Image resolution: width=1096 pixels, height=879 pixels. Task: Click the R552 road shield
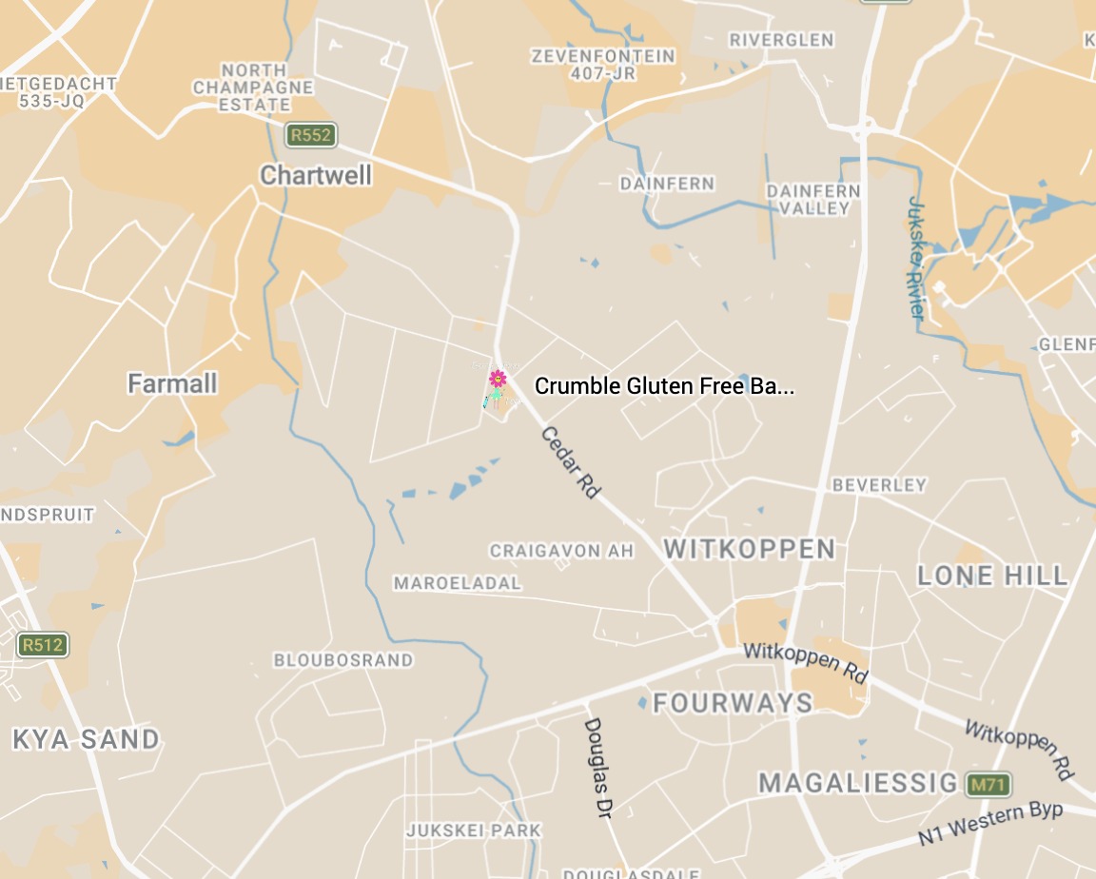(x=311, y=135)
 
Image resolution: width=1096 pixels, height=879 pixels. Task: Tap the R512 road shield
(x=43, y=645)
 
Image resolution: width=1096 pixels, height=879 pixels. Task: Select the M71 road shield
(x=987, y=785)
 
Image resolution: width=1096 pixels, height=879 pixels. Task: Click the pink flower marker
(x=497, y=380)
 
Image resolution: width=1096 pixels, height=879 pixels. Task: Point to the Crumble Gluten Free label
(x=663, y=386)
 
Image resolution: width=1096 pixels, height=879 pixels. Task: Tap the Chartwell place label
(x=316, y=176)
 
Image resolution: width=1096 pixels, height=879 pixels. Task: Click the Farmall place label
(x=172, y=384)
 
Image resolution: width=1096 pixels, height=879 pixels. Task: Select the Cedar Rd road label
(x=571, y=463)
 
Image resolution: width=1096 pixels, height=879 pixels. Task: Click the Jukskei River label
(x=916, y=257)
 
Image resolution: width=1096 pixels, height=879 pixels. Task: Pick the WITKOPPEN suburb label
(x=749, y=549)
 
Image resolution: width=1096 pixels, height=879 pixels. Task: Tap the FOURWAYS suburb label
(x=733, y=704)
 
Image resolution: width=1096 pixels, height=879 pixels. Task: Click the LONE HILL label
(x=992, y=576)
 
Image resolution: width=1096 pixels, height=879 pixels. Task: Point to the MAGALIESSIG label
(x=858, y=784)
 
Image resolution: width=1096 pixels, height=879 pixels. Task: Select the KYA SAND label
(x=86, y=739)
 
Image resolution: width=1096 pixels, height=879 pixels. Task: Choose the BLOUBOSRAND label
(x=343, y=660)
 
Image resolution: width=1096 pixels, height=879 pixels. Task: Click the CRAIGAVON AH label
(x=561, y=551)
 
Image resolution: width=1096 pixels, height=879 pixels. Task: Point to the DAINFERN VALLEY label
(x=812, y=200)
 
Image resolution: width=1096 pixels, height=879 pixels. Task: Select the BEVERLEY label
(x=879, y=485)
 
